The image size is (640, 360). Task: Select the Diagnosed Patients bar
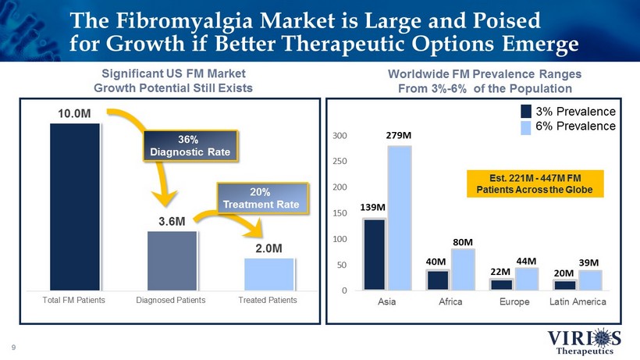(x=172, y=260)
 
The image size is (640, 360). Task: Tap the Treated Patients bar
(x=268, y=273)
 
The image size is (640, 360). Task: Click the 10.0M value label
(x=74, y=114)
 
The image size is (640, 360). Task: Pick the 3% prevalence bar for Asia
(x=374, y=254)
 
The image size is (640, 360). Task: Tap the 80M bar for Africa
(x=463, y=269)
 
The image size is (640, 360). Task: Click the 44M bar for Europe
(x=526, y=278)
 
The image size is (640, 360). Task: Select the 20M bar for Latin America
(x=564, y=284)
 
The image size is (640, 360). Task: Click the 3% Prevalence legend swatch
(x=527, y=111)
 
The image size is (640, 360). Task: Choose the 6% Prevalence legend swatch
(x=527, y=126)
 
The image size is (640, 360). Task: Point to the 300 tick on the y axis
(x=340, y=136)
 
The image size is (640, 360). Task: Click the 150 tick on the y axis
(x=340, y=213)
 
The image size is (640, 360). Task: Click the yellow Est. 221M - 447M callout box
(x=535, y=184)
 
